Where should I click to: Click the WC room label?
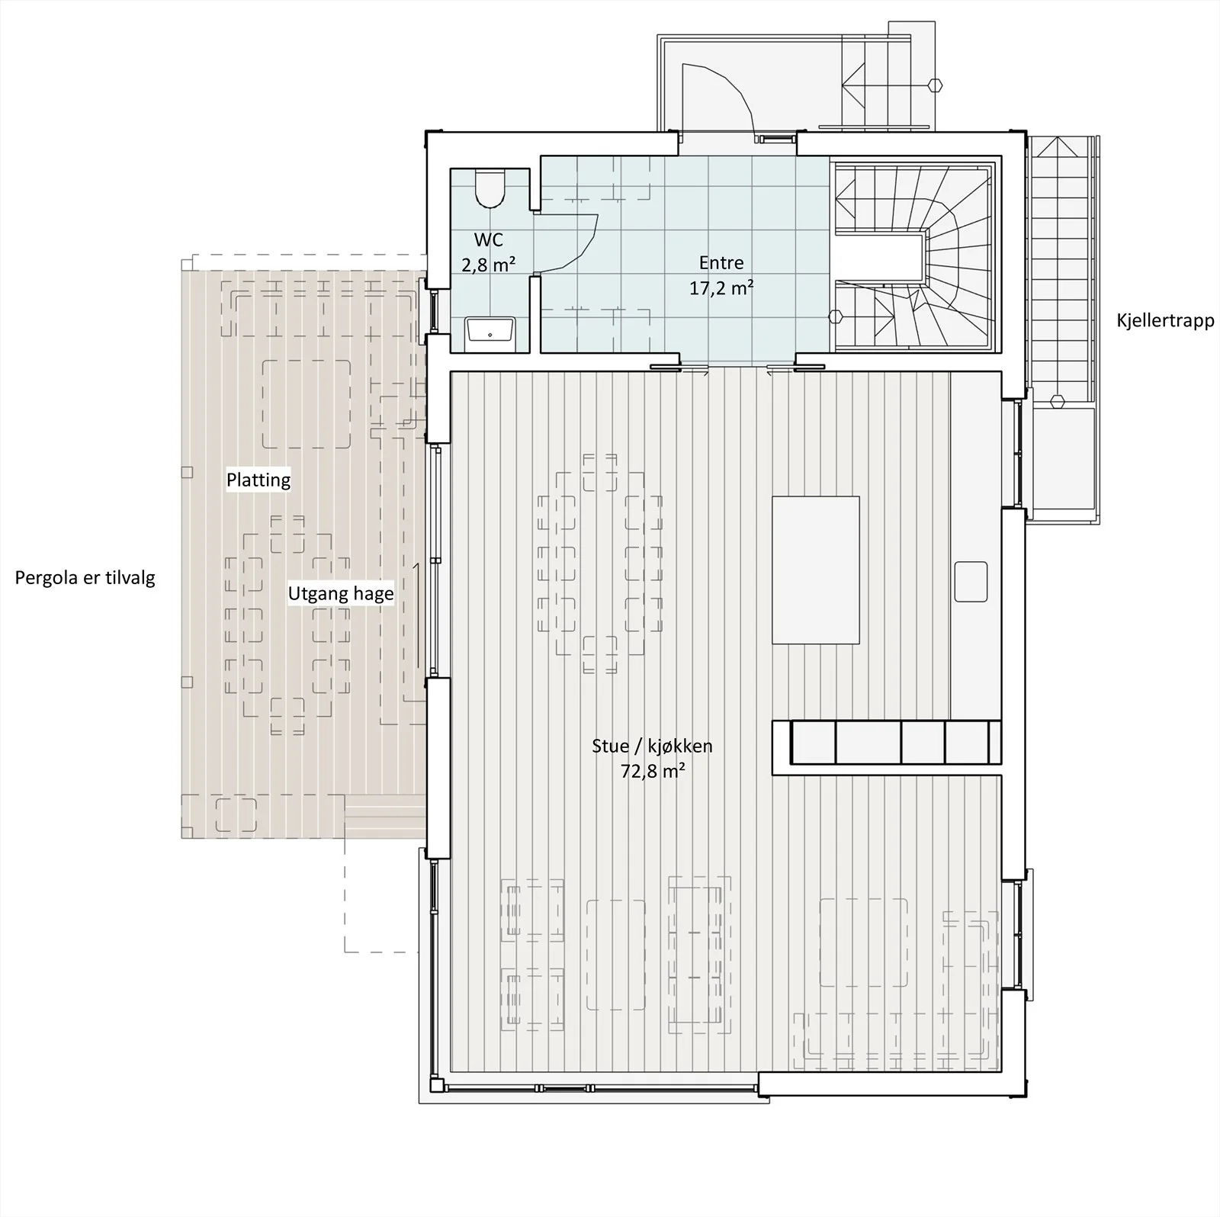pos(488,240)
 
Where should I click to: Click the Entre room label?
pos(721,263)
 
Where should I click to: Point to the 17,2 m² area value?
pos(721,288)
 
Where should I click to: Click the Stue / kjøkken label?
pos(652,746)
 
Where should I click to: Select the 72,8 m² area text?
pos(652,771)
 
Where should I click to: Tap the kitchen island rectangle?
pos(815,570)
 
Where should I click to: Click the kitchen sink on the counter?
pos(971,581)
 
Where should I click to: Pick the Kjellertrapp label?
pos(1165,321)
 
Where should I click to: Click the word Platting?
pos(258,480)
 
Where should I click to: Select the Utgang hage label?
pos(341,594)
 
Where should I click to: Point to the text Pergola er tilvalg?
pos(85,578)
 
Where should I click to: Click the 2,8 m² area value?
pos(488,265)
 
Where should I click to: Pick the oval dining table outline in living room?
pos(599,564)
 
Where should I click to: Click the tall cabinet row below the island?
pos(886,742)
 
